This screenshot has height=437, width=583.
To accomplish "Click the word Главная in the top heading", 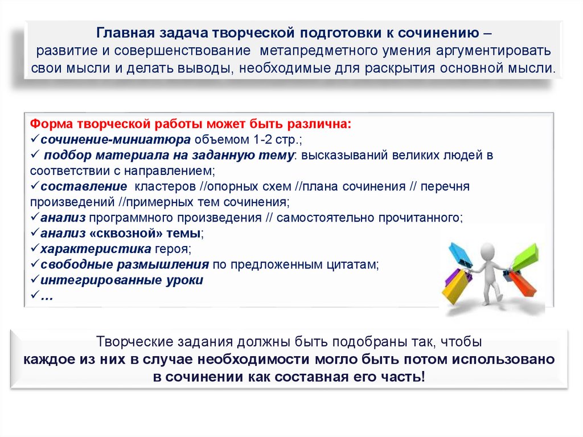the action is [125, 32].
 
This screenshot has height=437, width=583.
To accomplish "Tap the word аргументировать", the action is [494, 50].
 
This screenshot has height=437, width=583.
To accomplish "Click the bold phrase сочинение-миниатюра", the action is [116, 139].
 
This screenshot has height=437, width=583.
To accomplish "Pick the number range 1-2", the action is [262, 139].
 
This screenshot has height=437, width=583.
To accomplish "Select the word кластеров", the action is [165, 186].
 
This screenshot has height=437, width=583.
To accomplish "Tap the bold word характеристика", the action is [96, 248].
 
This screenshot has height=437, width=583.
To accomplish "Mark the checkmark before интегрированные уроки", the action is [35, 279].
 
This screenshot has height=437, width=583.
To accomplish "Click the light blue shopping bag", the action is [459, 255].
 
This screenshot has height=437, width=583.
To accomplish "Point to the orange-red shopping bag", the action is [523, 284].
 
